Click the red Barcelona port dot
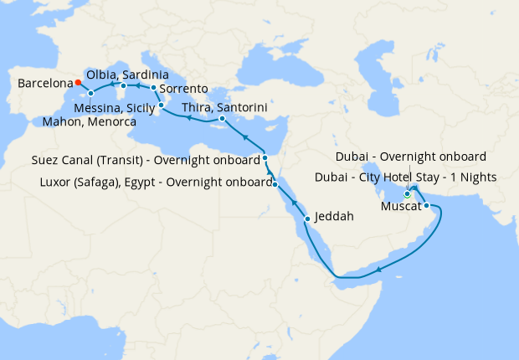tap(77, 82)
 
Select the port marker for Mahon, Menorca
tap(90, 93)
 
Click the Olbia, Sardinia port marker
tap(123, 85)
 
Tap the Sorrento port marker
tap(153, 87)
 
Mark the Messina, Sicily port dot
tap(160, 105)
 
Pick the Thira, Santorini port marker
tap(222, 119)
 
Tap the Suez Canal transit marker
tap(265, 157)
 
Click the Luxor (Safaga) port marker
tap(275, 183)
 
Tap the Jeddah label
tap(335, 216)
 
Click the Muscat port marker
tap(426, 205)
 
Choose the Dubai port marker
tap(408, 194)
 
